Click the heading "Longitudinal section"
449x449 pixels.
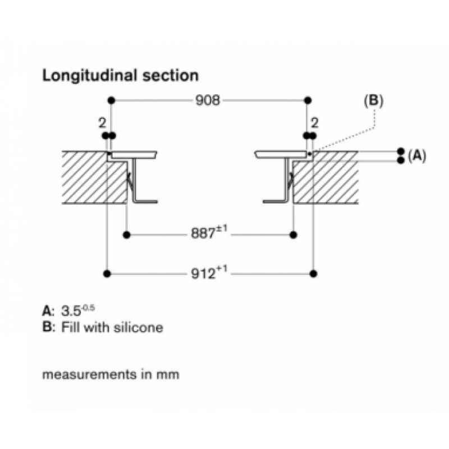(121, 75)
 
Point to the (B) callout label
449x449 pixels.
(373, 101)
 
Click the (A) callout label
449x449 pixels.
(417, 156)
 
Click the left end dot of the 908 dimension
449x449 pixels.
(112, 100)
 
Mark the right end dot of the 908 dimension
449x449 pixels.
(307, 100)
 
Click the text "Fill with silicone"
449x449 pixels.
(112, 327)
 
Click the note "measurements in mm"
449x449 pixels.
(111, 374)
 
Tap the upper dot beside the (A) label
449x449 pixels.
(401, 152)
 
